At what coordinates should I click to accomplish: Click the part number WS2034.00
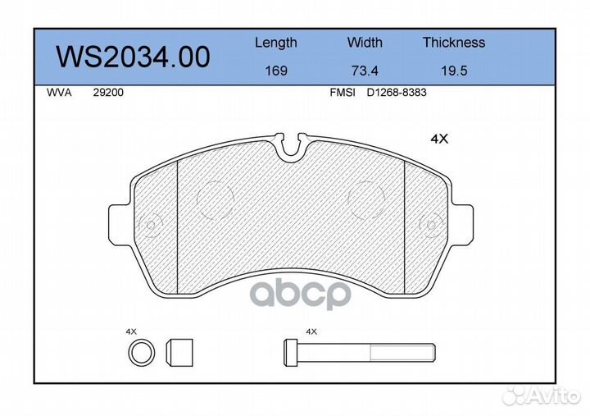coord(133,57)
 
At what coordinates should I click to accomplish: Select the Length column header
coord(276,43)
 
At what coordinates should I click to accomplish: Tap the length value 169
coord(276,71)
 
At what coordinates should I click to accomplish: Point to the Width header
coord(365,42)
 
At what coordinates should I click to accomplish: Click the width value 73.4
coord(365,71)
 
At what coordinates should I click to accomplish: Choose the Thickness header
coord(454,42)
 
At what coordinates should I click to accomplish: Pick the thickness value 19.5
coord(454,71)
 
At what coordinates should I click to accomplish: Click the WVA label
coord(59,93)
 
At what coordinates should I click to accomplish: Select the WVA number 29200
coord(108,93)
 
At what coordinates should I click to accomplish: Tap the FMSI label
coord(343,93)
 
